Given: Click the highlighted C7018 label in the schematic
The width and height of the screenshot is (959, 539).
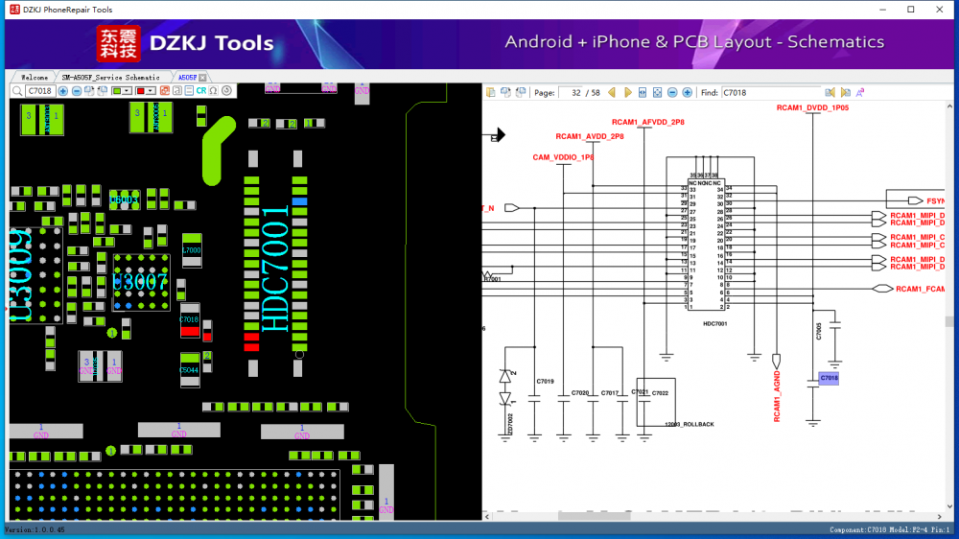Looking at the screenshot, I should point(830,379).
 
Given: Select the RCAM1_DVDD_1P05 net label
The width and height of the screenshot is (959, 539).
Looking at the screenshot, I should point(812,108).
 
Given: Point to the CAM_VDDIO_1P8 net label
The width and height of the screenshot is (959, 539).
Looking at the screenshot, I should point(563,157).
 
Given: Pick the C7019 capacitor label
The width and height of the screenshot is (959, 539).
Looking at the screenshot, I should point(545,382).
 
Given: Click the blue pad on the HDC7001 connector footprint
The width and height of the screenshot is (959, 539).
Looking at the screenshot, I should point(300,201).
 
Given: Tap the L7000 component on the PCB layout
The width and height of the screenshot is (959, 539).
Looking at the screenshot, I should point(192,249).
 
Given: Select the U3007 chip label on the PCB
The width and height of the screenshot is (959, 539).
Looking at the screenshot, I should point(140,281).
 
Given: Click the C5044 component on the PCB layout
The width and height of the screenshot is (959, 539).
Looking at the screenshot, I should point(190,369).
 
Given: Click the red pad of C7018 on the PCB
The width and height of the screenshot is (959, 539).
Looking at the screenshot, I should point(190,331).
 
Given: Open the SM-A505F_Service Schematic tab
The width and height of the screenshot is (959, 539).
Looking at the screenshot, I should point(111,77).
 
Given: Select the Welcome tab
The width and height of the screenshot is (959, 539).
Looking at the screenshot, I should point(35,77).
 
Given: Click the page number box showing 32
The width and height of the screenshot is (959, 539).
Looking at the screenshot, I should point(578,92).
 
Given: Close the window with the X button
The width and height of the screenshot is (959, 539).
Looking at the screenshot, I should point(937,10).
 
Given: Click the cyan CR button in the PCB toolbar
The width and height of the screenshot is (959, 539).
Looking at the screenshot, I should point(201,90).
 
